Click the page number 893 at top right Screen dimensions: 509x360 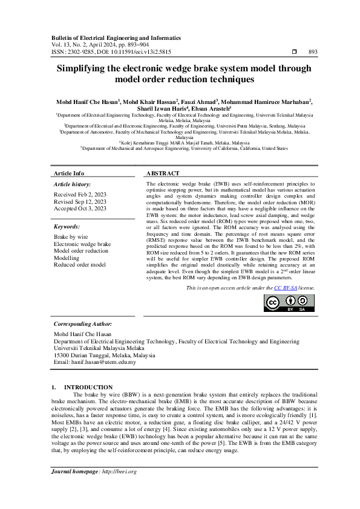pyautogui.click(x=312, y=52)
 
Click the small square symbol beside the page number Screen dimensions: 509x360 pyautogui.click(x=294, y=52)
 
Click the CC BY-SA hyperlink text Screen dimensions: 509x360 pyautogui.click(x=286, y=289)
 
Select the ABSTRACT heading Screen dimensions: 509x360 pyautogui.click(x=163, y=173)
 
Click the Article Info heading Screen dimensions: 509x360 pyautogui.click(x=69, y=173)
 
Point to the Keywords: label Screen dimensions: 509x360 pyautogui.click(x=67, y=227)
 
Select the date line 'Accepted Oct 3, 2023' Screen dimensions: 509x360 pyautogui.click(x=80, y=208)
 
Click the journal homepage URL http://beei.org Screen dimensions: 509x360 pyautogui.click(x=120, y=488)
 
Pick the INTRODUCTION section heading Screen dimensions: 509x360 pyautogui.click(x=88, y=387)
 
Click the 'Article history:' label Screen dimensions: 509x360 pyautogui.click(x=73, y=183)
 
